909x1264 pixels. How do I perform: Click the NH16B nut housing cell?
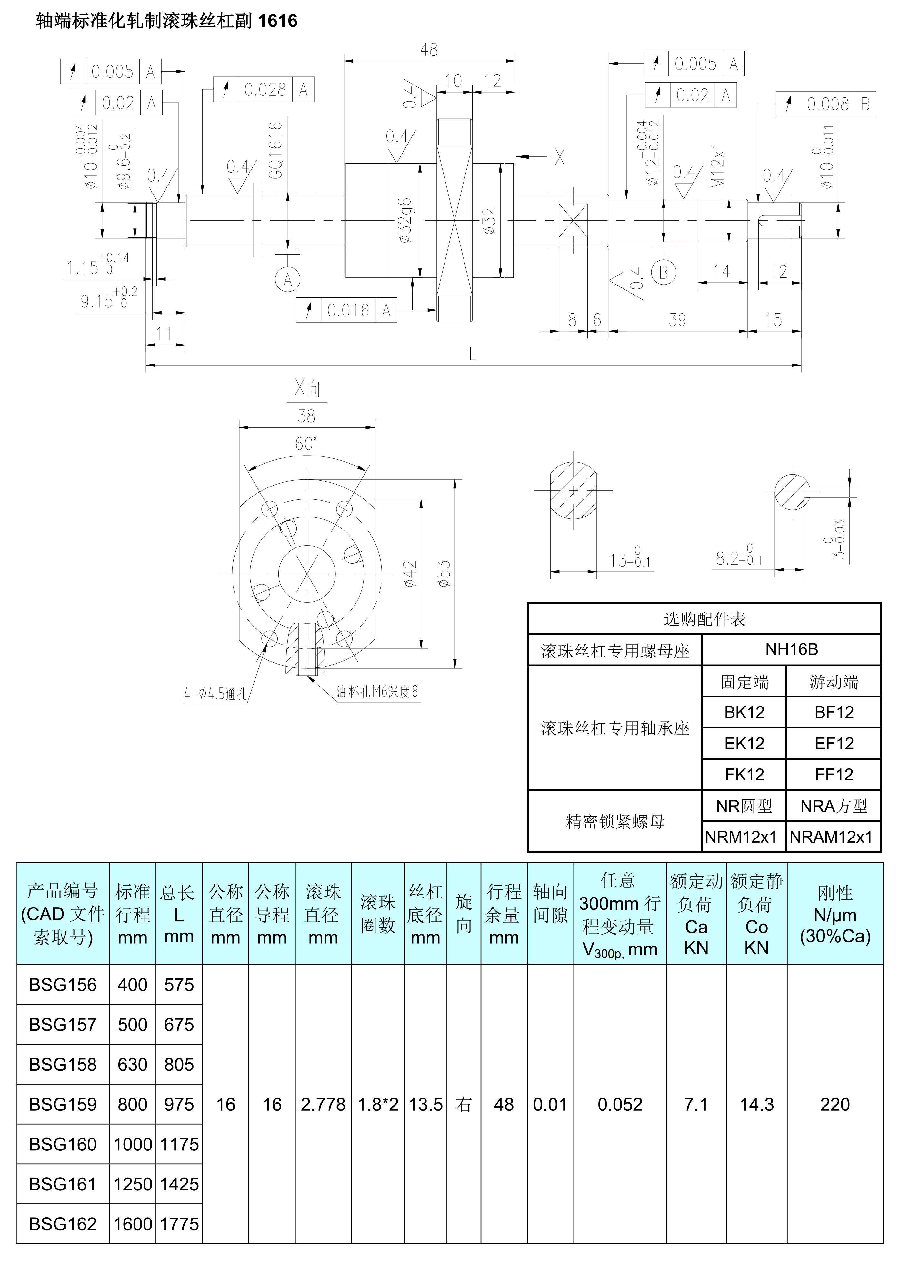click(x=791, y=649)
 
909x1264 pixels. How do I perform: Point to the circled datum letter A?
click(x=288, y=279)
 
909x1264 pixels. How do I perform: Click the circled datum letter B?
click(x=663, y=273)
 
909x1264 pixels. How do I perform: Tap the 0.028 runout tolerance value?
click(x=265, y=90)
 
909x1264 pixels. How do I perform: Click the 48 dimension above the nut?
click(x=429, y=50)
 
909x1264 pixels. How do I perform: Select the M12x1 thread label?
click(x=718, y=165)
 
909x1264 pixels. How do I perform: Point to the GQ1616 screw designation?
click(x=275, y=150)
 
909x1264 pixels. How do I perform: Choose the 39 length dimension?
click(x=677, y=320)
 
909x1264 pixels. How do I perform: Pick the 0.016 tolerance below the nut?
click(x=348, y=310)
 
